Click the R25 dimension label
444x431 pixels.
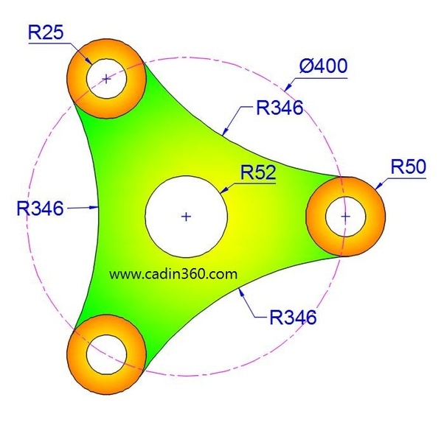pyautogui.click(x=46, y=32)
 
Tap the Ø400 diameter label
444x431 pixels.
pyautogui.click(x=323, y=66)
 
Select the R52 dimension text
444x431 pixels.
pyautogui.click(x=258, y=172)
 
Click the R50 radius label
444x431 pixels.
pyautogui.click(x=409, y=167)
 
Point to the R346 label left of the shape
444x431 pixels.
pyautogui.click(x=40, y=209)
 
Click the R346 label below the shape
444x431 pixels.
pyautogui.click(x=293, y=317)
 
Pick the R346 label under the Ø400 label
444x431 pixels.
pyautogui.click(x=280, y=108)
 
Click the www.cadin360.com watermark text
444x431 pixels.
pyautogui.click(x=173, y=274)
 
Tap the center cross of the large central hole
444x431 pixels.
pyautogui.click(x=186, y=217)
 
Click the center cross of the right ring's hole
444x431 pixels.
pyautogui.click(x=345, y=217)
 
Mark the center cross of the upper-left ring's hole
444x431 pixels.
pyautogui.click(x=106, y=79)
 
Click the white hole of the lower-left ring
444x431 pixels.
pyautogui.click(x=106, y=354)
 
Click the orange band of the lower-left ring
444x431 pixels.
pyautogui.click(x=76, y=354)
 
